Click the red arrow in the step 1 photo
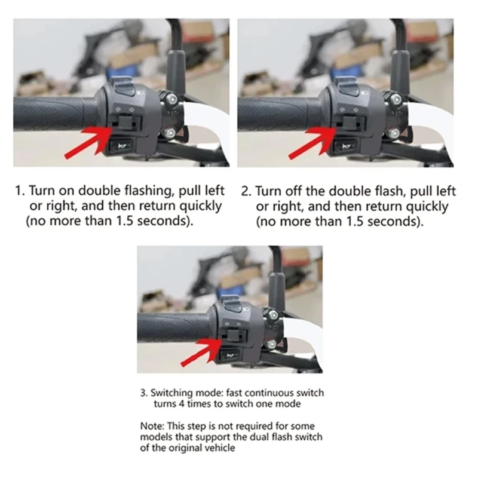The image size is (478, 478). click(x=89, y=142)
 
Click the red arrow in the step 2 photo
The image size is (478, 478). click(x=313, y=142)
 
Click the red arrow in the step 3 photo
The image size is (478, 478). click(x=201, y=352)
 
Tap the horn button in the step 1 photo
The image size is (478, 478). click(x=121, y=146)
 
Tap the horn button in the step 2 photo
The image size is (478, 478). click(x=346, y=146)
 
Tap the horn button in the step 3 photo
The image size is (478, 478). click(x=229, y=356)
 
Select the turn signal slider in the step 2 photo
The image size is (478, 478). click(x=351, y=121)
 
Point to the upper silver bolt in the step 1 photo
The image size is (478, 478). click(x=171, y=99)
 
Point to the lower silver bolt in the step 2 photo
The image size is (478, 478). click(x=394, y=133)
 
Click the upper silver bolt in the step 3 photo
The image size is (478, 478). click(x=274, y=314)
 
